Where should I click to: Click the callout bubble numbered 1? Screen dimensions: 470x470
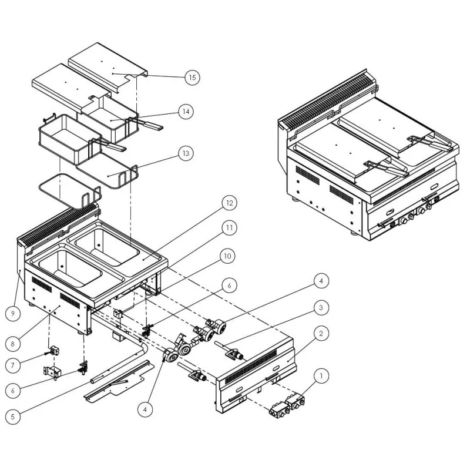click(x=320, y=374)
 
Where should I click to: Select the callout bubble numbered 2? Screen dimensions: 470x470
click(x=320, y=334)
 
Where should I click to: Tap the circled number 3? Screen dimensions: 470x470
click(x=320, y=307)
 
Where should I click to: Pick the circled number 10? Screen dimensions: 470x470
click(x=227, y=256)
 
